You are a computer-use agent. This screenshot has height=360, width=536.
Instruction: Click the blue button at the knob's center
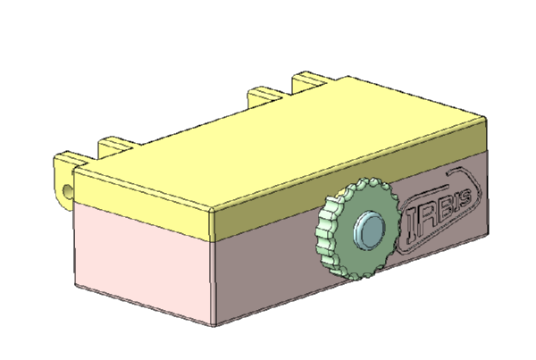coord(370,230)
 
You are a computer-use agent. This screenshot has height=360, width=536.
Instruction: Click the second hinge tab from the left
coord(115,147)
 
